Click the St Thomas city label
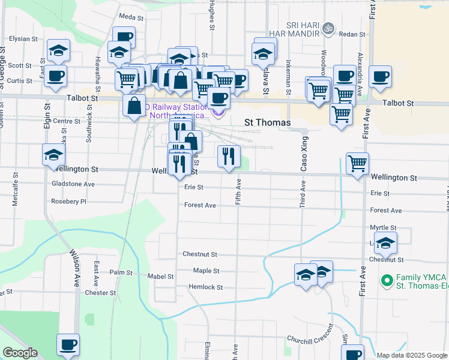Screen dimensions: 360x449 click(267, 122)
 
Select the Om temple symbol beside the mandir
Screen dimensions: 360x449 click(328, 28)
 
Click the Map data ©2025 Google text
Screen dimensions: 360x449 click(411, 355)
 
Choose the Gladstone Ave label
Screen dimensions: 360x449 click(73, 184)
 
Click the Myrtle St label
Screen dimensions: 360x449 click(383, 228)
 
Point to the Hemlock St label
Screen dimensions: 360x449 click(205, 287)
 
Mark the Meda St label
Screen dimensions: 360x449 click(131, 18)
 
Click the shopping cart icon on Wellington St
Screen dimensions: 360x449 click(357, 163)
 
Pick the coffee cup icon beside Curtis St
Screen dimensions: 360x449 click(55, 77)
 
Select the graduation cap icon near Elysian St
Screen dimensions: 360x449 click(58, 50)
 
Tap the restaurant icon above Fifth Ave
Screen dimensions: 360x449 click(228, 157)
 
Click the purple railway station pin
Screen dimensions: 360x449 click(218, 112)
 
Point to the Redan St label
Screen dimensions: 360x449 click(352, 34)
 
